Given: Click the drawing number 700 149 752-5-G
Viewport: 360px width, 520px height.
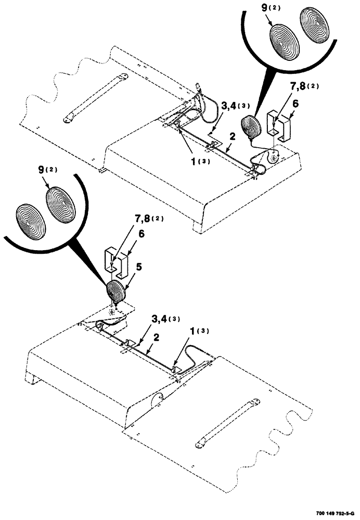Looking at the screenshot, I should pyautogui.click(x=335, y=513).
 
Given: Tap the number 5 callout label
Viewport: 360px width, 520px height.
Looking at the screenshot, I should pyautogui.click(x=138, y=267).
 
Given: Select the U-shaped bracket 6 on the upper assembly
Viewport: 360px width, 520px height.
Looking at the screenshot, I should pyautogui.click(x=279, y=125).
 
